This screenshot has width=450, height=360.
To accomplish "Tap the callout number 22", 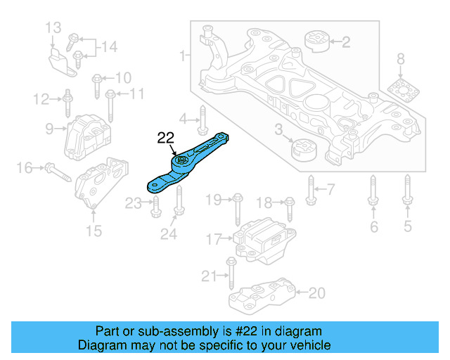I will tap(166, 139).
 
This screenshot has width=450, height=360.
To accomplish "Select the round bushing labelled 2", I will tap(315, 42).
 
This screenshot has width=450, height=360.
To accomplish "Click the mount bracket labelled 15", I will tap(102, 185).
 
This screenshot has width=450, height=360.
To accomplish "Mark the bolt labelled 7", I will tap(310, 188).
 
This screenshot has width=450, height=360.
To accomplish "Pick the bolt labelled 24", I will tap(178, 205).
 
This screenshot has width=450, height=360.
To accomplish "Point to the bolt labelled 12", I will tap(67, 104).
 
